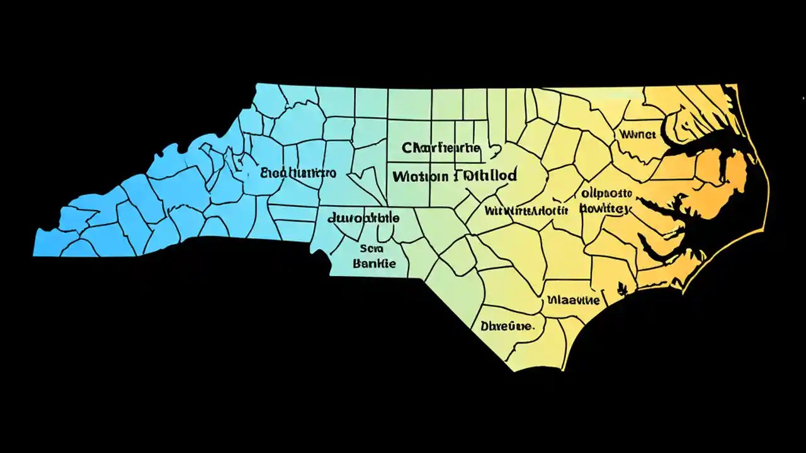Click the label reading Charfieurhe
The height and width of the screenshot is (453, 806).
(441, 149)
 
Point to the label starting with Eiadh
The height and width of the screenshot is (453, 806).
(298, 172)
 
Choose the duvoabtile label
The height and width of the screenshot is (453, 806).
(363, 218)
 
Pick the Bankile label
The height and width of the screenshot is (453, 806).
(375, 263)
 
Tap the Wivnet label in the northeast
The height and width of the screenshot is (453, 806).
(638, 134)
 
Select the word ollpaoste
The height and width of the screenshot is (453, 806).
(606, 193)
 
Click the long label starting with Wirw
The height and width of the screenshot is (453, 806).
(527, 210)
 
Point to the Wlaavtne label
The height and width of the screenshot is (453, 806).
(573, 300)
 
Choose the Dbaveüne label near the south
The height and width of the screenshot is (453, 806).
(508, 327)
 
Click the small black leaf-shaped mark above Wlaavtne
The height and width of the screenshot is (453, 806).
(623, 288)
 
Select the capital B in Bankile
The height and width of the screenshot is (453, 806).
(357, 263)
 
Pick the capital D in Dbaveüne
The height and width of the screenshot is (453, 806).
(485, 327)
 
